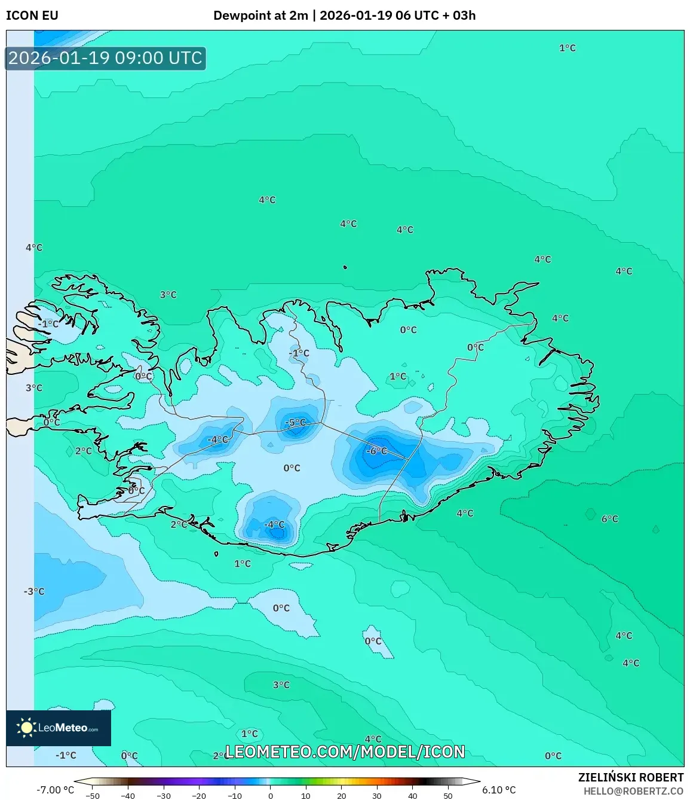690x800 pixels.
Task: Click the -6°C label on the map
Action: click(x=377, y=451)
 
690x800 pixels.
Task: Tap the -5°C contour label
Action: click(x=296, y=422)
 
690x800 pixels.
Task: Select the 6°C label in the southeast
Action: click(x=609, y=518)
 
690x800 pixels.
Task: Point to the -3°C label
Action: click(x=34, y=591)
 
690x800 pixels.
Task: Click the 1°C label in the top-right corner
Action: click(x=567, y=48)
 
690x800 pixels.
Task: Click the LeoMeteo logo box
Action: click(x=59, y=728)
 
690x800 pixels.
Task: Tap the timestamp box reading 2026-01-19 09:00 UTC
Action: click(x=105, y=58)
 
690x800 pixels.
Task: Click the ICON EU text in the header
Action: click(x=32, y=16)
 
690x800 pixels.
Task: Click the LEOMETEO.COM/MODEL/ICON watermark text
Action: click(x=345, y=752)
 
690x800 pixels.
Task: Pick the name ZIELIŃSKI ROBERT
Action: click(x=631, y=777)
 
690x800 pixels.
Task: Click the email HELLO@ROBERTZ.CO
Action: click(x=633, y=790)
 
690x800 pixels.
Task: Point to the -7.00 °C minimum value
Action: click(x=56, y=790)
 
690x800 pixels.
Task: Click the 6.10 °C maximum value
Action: click(x=499, y=790)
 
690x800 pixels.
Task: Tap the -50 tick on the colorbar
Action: click(x=93, y=796)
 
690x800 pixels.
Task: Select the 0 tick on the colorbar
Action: click(x=271, y=796)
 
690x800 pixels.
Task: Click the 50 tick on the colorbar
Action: click(x=448, y=796)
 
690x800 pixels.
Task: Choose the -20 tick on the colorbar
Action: click(x=199, y=796)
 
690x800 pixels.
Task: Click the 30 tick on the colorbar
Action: click(x=377, y=796)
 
